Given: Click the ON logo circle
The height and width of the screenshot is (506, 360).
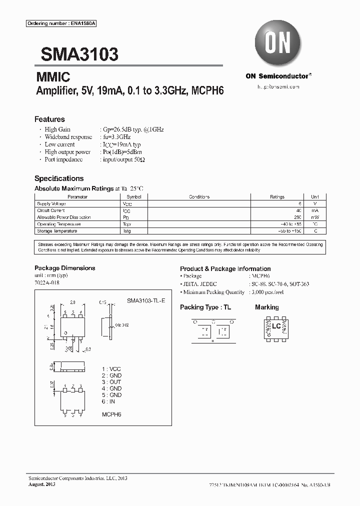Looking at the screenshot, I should (x=278, y=45).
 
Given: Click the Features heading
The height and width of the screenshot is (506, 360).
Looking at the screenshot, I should (x=49, y=119).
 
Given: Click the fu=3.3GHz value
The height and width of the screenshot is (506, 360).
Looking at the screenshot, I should (x=116, y=136).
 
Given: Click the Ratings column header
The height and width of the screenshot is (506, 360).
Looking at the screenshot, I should (x=277, y=197).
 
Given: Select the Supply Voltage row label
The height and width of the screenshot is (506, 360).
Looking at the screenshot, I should (x=51, y=204).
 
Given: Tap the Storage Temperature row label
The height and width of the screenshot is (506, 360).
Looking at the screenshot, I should (x=57, y=231).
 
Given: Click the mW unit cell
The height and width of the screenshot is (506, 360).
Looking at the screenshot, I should (x=315, y=217).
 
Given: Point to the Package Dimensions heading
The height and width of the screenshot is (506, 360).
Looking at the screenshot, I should (x=64, y=268).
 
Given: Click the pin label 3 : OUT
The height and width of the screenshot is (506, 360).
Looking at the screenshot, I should (x=111, y=382).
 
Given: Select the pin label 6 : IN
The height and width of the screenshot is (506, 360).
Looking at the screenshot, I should (x=109, y=401).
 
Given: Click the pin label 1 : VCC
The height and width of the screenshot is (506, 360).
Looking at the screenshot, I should (x=111, y=368).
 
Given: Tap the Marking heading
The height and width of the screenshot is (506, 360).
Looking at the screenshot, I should (x=266, y=307).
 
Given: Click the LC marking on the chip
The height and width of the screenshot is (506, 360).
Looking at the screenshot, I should (x=275, y=326).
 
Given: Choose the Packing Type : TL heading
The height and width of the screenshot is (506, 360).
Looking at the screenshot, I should (x=205, y=307).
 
